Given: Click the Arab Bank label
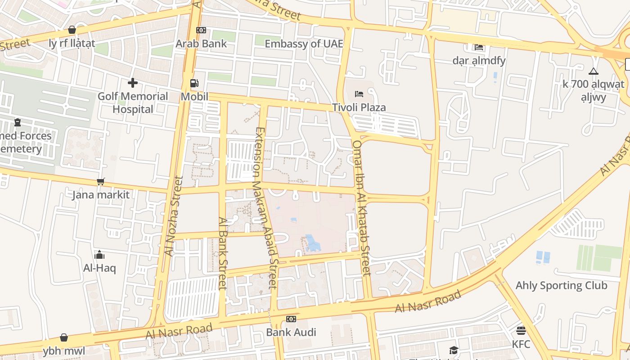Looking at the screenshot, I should pos(201,44).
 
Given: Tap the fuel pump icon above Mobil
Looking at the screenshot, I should pos(194,83).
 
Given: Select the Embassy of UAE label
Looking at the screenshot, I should pos(304,44).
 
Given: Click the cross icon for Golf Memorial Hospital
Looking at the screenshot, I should pos(133,83).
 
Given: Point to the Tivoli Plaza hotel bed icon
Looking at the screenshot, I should pos(359,94).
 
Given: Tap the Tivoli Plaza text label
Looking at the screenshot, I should pos(359,108).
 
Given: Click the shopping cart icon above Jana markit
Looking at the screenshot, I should pos(101,181).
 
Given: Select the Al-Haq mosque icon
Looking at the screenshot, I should pos(100,255).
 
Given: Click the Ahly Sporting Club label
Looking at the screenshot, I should pos(561,285).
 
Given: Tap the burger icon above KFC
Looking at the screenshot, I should pos(521,331).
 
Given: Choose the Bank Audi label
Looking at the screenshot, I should pos(291,333).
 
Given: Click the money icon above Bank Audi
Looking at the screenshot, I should pos(291,319).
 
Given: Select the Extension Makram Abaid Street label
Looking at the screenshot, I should pos(265,207).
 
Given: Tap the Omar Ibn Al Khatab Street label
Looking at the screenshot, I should pos(362,207).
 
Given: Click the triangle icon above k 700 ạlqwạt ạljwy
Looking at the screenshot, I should pos(594,71).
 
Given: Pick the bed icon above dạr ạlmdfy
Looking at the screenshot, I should pos(479,47).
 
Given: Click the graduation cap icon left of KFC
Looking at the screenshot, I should pos(454,350).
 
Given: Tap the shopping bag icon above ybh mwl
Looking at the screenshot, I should pos(64,337).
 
